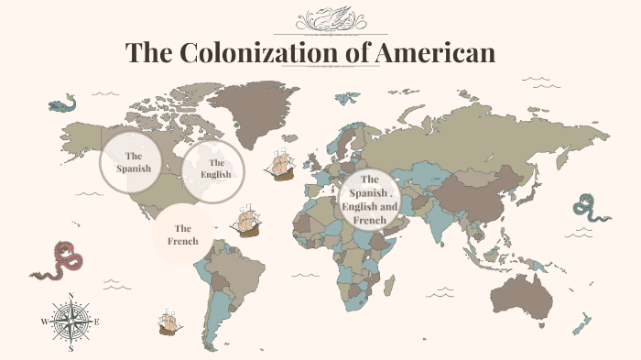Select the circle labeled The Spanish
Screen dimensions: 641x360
[x=131, y=162]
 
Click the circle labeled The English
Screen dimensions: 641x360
[x=212, y=169]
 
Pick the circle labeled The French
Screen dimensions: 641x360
[x=183, y=235]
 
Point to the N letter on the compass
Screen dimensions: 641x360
[x=71, y=296]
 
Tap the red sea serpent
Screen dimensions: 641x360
[x=60, y=262]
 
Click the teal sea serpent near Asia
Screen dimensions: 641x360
[x=588, y=212]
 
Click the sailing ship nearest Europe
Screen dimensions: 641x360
[x=280, y=165]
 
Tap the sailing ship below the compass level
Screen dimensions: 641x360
[x=168, y=322]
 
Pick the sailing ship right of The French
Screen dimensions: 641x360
[x=246, y=222]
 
